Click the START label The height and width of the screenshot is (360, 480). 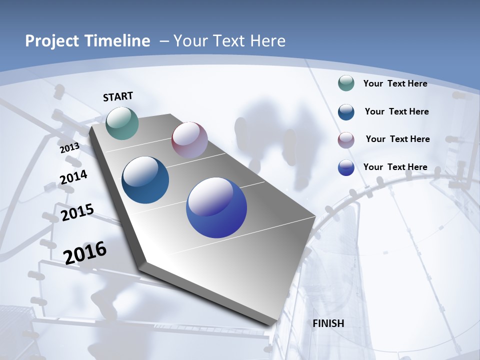click(118, 96)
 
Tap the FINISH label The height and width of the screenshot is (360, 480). click(328, 323)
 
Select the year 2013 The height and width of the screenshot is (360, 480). click(69, 148)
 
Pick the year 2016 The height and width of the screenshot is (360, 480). click(85, 252)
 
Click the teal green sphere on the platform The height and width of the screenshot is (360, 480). click(122, 123)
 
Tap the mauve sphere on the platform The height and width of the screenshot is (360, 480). click(189, 140)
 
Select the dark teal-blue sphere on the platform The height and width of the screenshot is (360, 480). click(145, 180)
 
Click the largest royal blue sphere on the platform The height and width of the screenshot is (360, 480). click(216, 207)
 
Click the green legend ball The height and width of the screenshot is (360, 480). click(346, 83)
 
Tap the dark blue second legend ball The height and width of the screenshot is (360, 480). click(346, 111)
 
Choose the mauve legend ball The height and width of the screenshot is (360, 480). click(346, 139)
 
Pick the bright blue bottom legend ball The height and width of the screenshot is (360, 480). click(346, 167)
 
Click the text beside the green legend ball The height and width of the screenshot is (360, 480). click(395, 83)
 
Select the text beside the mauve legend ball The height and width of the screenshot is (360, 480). click(397, 139)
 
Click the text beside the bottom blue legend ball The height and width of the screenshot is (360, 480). click(395, 167)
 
